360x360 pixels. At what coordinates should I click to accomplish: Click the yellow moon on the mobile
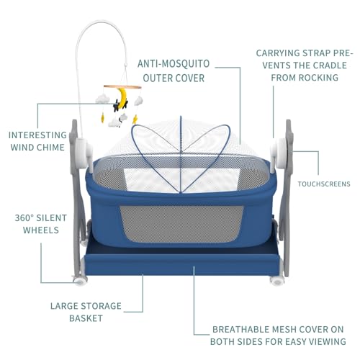(122, 96)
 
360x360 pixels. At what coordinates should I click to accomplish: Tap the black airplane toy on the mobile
(117, 106)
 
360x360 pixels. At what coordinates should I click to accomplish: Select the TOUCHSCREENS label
(324, 184)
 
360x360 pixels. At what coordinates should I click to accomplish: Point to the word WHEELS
(41, 230)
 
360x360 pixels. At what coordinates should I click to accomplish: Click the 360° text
(24, 218)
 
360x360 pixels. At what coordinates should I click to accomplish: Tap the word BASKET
(86, 318)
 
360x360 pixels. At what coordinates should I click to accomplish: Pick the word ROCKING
(318, 78)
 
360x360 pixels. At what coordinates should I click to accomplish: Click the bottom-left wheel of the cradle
(80, 281)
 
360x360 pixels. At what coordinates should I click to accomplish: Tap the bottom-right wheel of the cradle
(276, 281)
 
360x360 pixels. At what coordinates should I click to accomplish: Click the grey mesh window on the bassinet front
(181, 224)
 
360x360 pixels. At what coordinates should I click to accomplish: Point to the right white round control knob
(280, 153)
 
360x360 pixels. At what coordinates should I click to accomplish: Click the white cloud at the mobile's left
(103, 99)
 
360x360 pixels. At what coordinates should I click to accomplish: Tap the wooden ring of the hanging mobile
(122, 87)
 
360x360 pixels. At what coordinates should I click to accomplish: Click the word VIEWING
(328, 341)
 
